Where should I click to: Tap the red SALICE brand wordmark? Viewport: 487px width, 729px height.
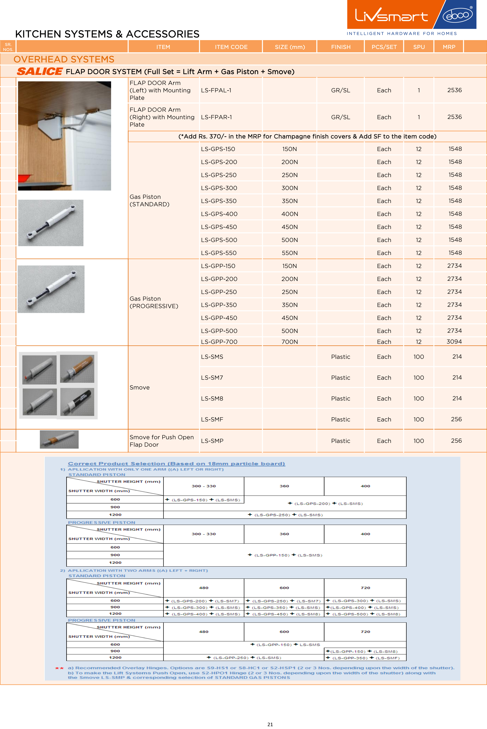click(40, 71)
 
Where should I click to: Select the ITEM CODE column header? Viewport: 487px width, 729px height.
click(231, 47)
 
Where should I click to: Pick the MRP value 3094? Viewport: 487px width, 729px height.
click(454, 342)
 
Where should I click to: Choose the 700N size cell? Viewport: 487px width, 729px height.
click(290, 342)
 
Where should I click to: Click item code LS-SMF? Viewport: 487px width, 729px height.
click(212, 419)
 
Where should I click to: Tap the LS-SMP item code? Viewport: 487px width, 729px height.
click(212, 441)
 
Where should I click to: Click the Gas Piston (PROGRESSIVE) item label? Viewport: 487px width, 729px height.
click(154, 302)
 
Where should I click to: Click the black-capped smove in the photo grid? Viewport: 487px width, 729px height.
click(77, 402)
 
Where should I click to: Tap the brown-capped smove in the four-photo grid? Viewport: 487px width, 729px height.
click(77, 369)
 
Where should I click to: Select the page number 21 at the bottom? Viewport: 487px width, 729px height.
click(270, 724)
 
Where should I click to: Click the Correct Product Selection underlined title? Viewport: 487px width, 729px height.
click(176, 463)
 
